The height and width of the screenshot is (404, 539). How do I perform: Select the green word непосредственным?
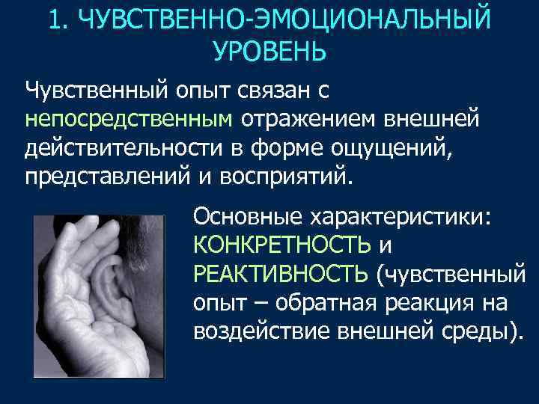point(130,119)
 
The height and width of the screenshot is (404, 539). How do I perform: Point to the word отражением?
point(306,119)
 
